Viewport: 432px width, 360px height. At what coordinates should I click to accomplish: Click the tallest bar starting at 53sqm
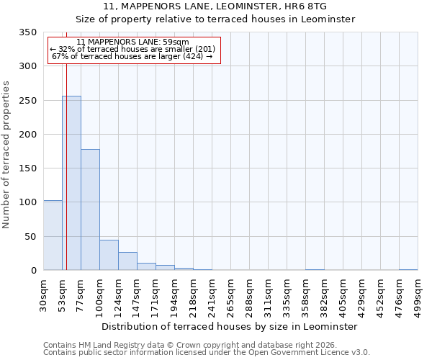pyautogui.click(x=71, y=183)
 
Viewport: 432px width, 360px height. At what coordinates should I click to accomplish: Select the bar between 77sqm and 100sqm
pyautogui.click(x=90, y=210)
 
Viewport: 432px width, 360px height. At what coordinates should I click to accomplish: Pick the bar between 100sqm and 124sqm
pyautogui.click(x=109, y=255)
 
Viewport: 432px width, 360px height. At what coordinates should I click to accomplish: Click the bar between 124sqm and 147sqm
pyautogui.click(x=127, y=261)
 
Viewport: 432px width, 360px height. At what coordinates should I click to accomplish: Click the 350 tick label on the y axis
pyautogui.click(x=27, y=32)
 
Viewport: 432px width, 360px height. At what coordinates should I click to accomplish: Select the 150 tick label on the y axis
pyautogui.click(x=27, y=168)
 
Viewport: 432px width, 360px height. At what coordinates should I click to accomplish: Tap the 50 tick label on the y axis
pyautogui.click(x=30, y=236)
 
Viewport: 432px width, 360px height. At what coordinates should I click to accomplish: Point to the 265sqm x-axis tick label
pyautogui.click(x=231, y=295)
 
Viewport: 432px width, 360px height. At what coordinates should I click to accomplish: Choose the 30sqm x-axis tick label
pyautogui.click(x=44, y=295)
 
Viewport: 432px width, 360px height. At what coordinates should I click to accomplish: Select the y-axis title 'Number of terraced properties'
pyautogui.click(x=6, y=155)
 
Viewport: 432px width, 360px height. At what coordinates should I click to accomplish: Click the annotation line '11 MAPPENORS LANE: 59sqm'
pyautogui.click(x=132, y=42)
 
